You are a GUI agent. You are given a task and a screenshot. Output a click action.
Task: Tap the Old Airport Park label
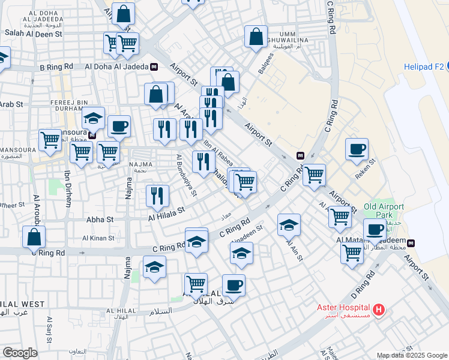tap(384, 211)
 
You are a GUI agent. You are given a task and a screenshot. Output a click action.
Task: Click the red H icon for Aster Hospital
tap(378, 310)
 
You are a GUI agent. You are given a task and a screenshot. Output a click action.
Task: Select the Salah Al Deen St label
tap(34, 34)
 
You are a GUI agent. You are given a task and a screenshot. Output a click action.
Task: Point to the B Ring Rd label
tap(56, 67)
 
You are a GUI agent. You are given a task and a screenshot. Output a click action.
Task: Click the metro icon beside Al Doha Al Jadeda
tap(154, 67)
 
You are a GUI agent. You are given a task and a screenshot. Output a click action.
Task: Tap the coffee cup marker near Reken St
tap(357, 149)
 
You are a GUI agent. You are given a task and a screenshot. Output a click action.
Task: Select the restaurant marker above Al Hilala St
tap(157, 196)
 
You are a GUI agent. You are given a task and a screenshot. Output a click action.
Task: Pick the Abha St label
tap(101, 220)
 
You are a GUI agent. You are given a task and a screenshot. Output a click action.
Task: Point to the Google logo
tap(20, 353)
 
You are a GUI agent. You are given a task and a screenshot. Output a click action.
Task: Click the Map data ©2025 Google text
tap(412, 355)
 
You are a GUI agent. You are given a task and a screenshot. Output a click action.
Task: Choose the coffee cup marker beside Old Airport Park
tap(375, 230)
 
